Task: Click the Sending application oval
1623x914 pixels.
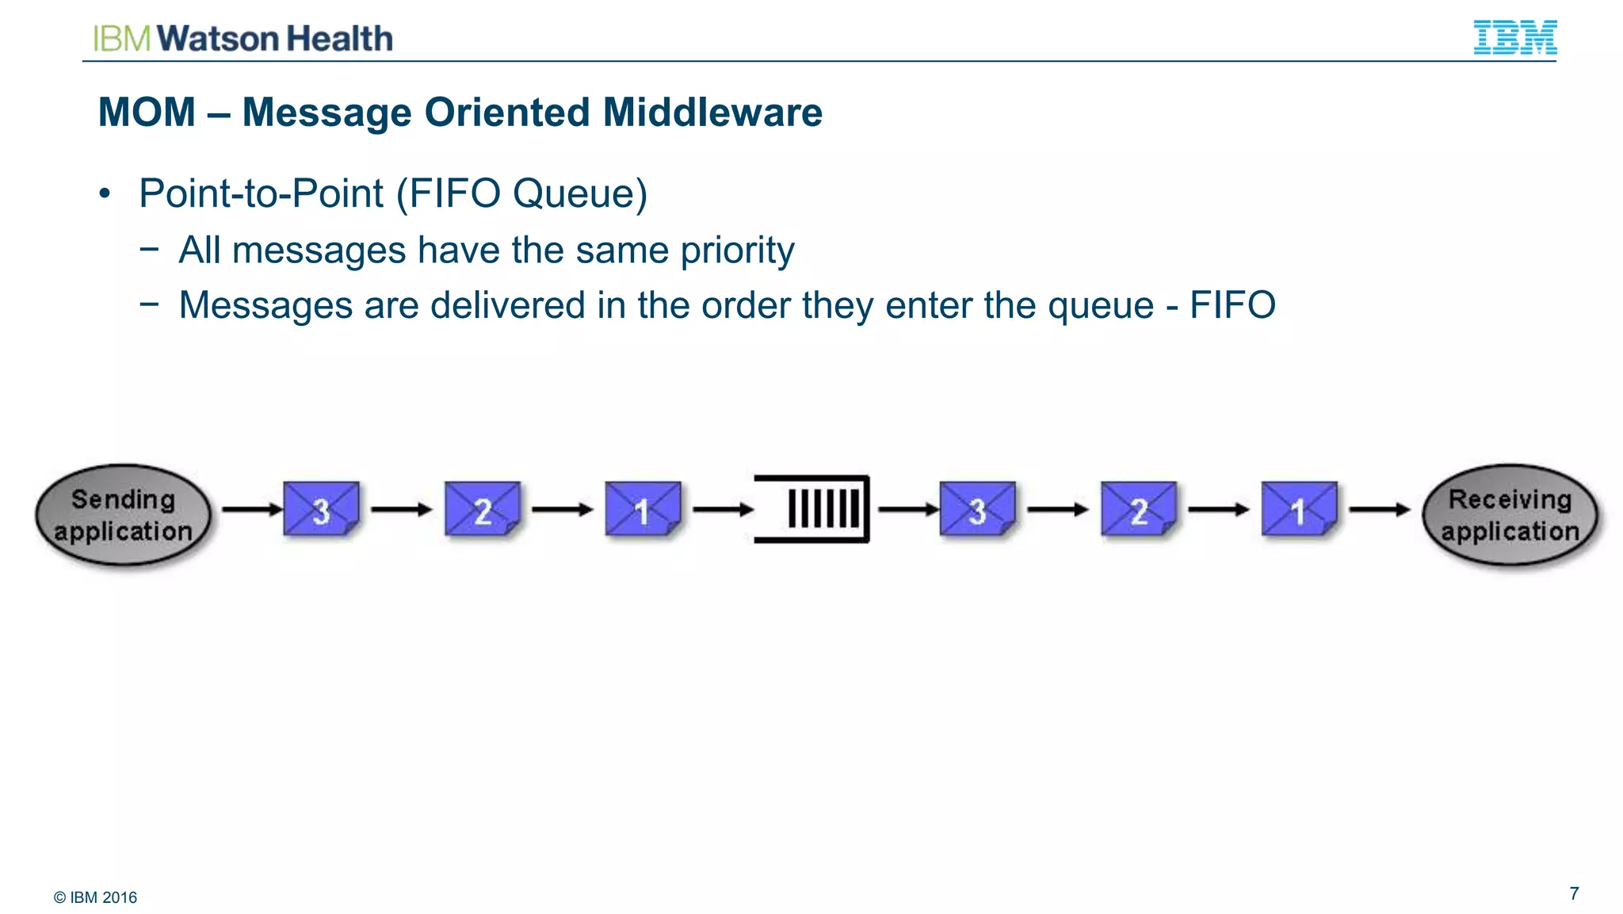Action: point(124,514)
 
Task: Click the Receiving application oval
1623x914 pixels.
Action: point(1510,514)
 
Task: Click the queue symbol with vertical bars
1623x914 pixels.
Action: point(812,509)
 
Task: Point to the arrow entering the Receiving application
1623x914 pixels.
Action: point(1380,509)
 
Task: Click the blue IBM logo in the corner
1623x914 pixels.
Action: point(1514,37)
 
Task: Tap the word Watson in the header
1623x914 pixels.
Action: point(218,39)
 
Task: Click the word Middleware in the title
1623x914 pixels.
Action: point(712,112)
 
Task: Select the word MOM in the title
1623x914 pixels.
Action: point(147,112)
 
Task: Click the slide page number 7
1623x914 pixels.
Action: point(1574,893)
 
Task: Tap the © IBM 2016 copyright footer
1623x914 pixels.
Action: point(95,897)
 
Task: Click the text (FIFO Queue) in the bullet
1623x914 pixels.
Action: point(521,193)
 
